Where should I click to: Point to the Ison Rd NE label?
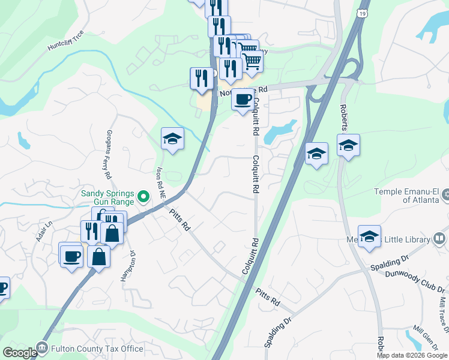(161, 182)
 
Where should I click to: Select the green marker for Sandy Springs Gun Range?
(143, 196)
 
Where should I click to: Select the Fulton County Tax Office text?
(98, 349)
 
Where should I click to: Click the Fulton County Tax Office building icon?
(41, 347)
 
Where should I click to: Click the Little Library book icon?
(440, 240)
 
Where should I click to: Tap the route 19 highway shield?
(362, 13)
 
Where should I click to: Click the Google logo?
(19, 352)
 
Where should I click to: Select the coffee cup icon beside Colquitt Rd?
(242, 99)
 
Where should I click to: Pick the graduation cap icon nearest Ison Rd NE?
(172, 139)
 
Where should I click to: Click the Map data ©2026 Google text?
(411, 355)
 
